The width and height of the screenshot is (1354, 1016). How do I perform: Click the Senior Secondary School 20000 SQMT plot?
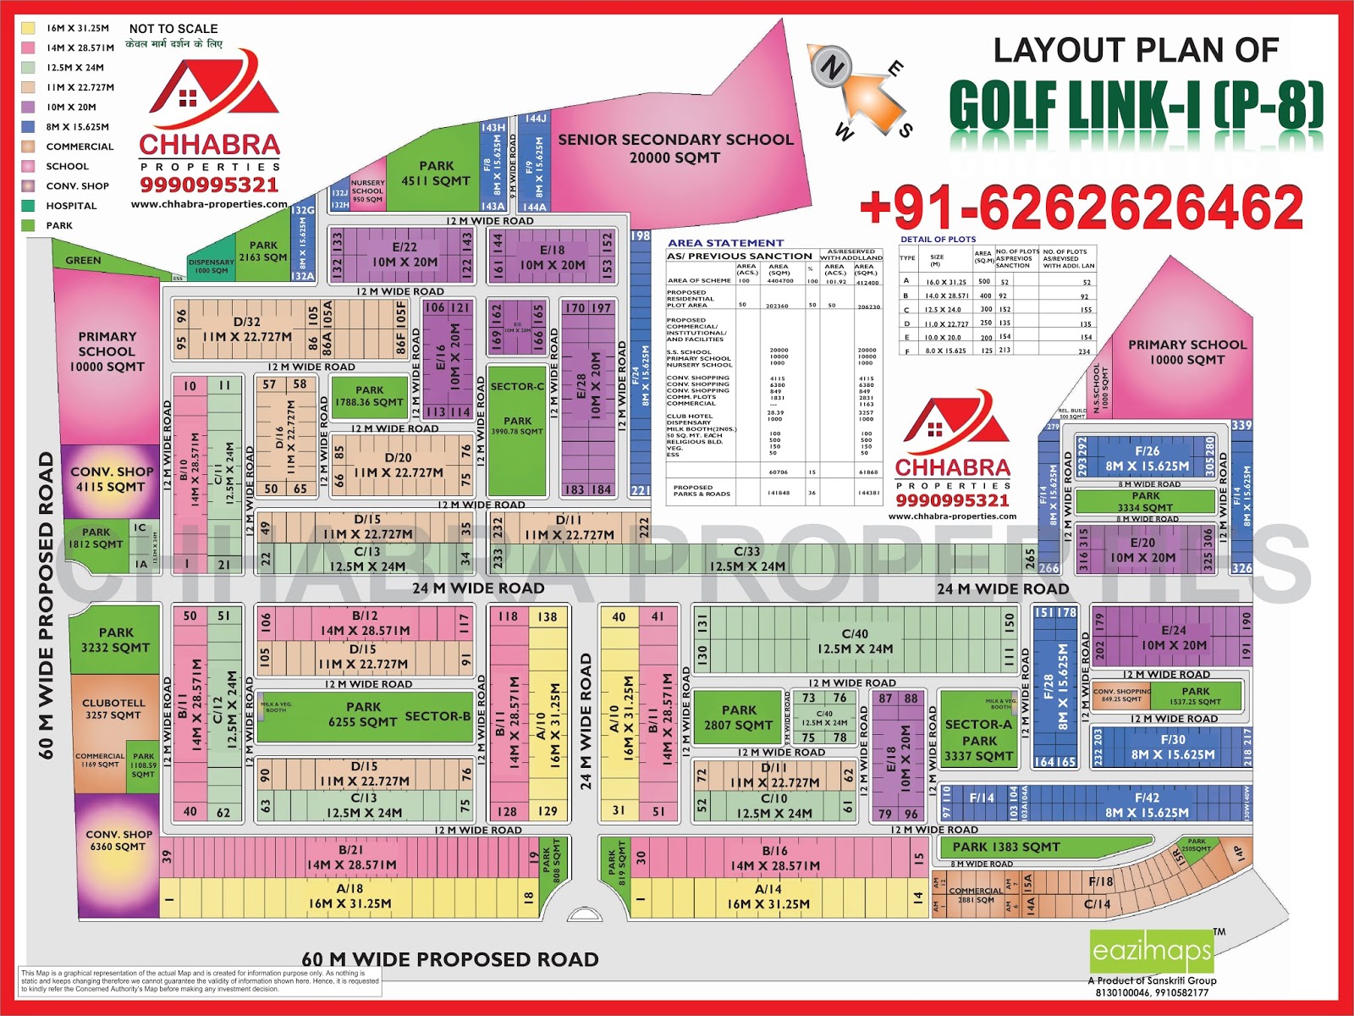pos(674,148)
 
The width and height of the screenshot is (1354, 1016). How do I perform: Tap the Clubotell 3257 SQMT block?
pos(113,709)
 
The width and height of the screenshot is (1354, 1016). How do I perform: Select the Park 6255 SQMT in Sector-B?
pos(364,715)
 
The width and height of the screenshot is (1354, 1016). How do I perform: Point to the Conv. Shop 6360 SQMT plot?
pos(118,841)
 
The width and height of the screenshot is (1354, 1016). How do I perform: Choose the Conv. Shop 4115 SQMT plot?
pos(111,479)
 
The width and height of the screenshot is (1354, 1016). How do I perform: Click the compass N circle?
pos(830,68)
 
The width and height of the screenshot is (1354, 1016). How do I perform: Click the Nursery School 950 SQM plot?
pos(367,191)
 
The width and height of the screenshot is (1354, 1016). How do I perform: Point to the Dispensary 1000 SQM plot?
pos(212,267)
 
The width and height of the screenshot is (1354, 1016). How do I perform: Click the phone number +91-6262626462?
pos(1081,208)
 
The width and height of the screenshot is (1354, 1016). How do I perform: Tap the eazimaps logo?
pos(1152,952)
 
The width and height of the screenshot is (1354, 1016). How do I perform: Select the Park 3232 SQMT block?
pos(115,640)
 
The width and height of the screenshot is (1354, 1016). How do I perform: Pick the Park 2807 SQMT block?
pos(739,717)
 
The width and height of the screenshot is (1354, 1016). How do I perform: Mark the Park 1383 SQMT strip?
pos(1005,847)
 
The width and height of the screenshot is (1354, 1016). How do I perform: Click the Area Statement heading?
pos(725,243)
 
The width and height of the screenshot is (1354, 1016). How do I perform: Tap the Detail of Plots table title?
pos(938,240)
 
